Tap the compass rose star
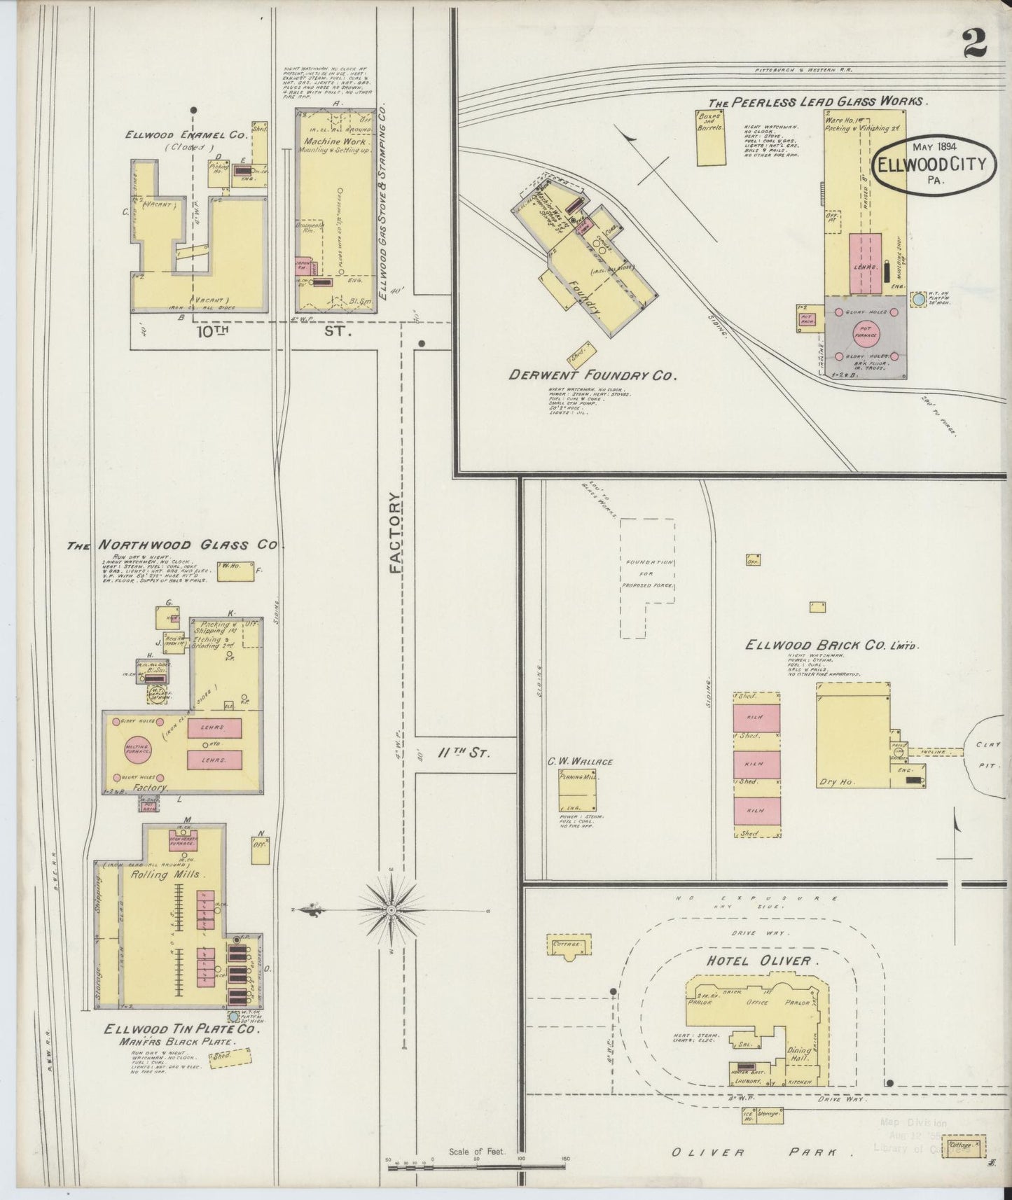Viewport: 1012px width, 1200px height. click(391, 910)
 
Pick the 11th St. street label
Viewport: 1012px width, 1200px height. click(463, 753)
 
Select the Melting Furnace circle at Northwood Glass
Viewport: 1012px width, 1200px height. click(136, 749)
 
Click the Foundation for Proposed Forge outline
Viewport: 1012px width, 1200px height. click(647, 577)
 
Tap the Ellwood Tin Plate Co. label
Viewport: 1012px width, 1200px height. click(181, 1030)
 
